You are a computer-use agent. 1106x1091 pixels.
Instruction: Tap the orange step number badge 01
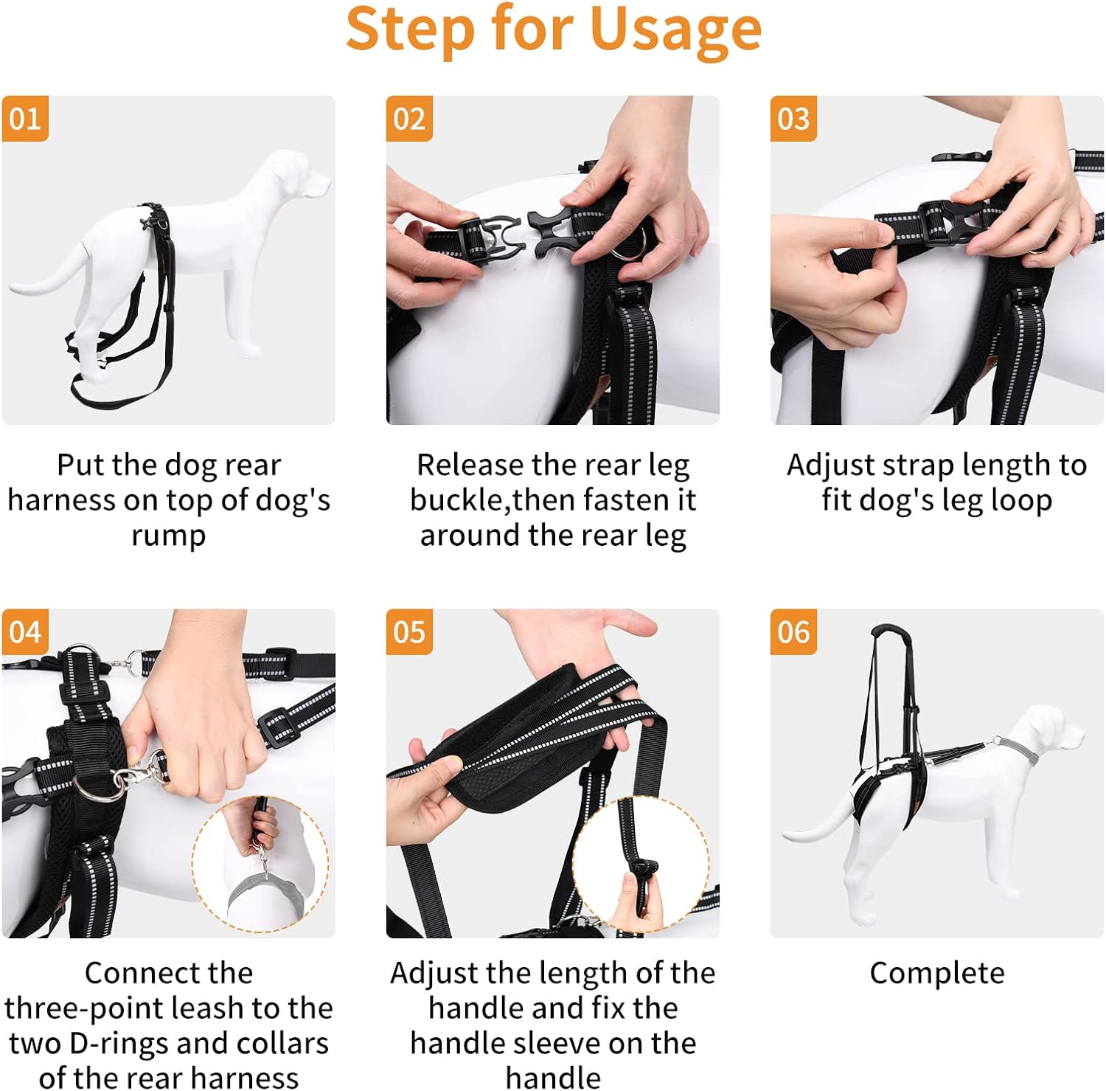coord(25,119)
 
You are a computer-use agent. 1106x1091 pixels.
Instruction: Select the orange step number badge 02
coord(409,119)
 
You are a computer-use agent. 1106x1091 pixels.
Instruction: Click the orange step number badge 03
coord(793,119)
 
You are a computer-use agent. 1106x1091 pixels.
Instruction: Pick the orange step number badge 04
coord(25,632)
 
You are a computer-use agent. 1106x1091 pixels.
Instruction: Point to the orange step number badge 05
coord(409,632)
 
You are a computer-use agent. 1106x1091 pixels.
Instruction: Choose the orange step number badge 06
coord(793,632)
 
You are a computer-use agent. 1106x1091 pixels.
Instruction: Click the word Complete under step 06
coord(936,973)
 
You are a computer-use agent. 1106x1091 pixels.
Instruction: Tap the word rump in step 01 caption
coord(168,535)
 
